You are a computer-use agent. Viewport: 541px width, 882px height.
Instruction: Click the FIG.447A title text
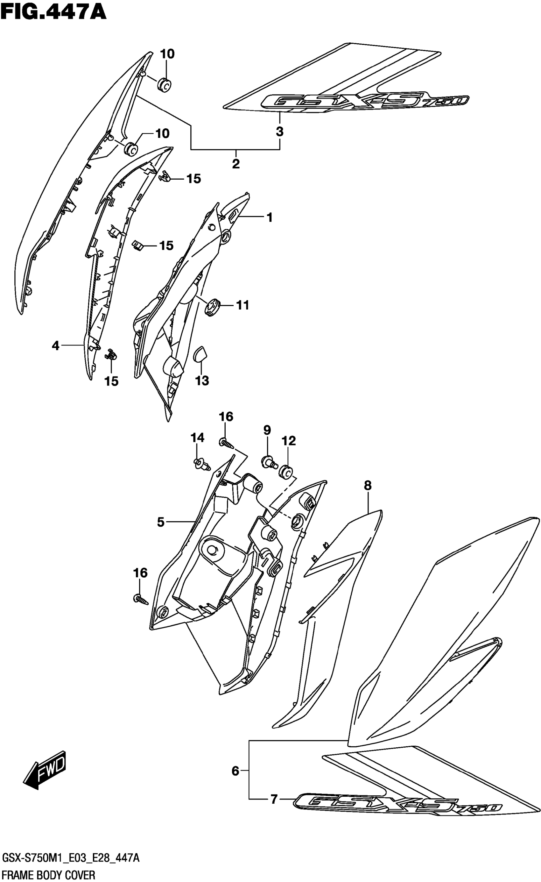[54, 12]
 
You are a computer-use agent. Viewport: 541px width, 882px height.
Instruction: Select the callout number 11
[242, 305]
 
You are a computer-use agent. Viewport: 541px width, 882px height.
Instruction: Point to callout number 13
[202, 381]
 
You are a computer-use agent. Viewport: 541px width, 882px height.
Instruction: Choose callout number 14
[197, 437]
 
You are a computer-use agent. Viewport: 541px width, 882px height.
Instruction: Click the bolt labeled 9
[268, 461]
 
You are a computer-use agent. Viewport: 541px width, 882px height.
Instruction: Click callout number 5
[161, 522]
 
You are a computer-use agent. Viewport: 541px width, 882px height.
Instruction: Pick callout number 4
[55, 346]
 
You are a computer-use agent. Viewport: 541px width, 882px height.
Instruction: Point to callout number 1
[270, 217]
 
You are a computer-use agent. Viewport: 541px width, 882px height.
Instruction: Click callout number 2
[235, 164]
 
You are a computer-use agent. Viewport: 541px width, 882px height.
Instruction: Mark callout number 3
[279, 132]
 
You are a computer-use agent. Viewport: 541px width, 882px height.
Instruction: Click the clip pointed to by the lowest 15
[111, 354]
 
